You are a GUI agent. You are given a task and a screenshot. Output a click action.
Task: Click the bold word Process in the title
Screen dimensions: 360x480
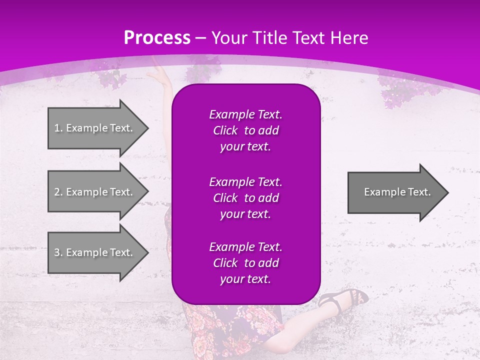coord(157,38)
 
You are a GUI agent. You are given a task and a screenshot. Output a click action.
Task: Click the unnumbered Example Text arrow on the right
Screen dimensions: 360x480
coord(397,192)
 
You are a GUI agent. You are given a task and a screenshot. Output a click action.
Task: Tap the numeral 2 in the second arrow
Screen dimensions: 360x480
coord(56,192)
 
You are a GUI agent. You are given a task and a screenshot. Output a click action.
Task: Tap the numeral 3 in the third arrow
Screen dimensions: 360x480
coord(56,252)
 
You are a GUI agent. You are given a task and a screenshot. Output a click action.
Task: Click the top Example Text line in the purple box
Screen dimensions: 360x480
coord(245,114)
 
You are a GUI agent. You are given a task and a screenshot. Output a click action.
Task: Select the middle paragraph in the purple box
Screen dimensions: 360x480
coord(245,198)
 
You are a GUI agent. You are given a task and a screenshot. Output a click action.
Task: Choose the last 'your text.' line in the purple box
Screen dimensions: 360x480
coord(245,279)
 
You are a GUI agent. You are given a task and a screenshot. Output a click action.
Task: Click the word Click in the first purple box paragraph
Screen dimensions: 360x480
coord(225,131)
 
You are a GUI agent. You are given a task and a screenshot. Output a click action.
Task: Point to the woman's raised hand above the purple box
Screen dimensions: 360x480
coord(160,75)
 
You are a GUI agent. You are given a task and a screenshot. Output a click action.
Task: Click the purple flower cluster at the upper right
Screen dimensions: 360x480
coord(400,87)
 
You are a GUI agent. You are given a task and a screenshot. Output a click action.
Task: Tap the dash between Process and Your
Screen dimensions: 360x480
coord(200,38)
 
